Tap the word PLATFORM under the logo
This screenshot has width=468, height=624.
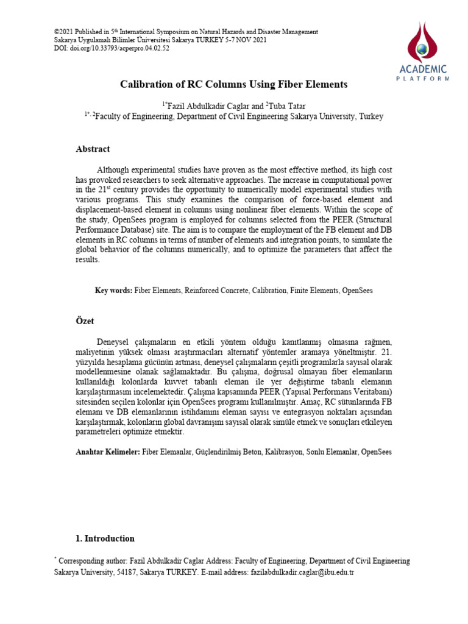(424, 79)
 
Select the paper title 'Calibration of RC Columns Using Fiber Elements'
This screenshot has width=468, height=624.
(233, 84)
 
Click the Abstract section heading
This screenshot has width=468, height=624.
(93, 149)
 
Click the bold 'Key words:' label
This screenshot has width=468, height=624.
(113, 291)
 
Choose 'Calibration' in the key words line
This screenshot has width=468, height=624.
(269, 291)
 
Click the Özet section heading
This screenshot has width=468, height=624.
(85, 320)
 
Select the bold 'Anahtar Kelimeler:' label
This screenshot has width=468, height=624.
(108, 452)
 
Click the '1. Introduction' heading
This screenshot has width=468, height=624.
(104, 539)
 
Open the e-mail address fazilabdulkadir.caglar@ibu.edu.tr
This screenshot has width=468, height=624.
(302, 572)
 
